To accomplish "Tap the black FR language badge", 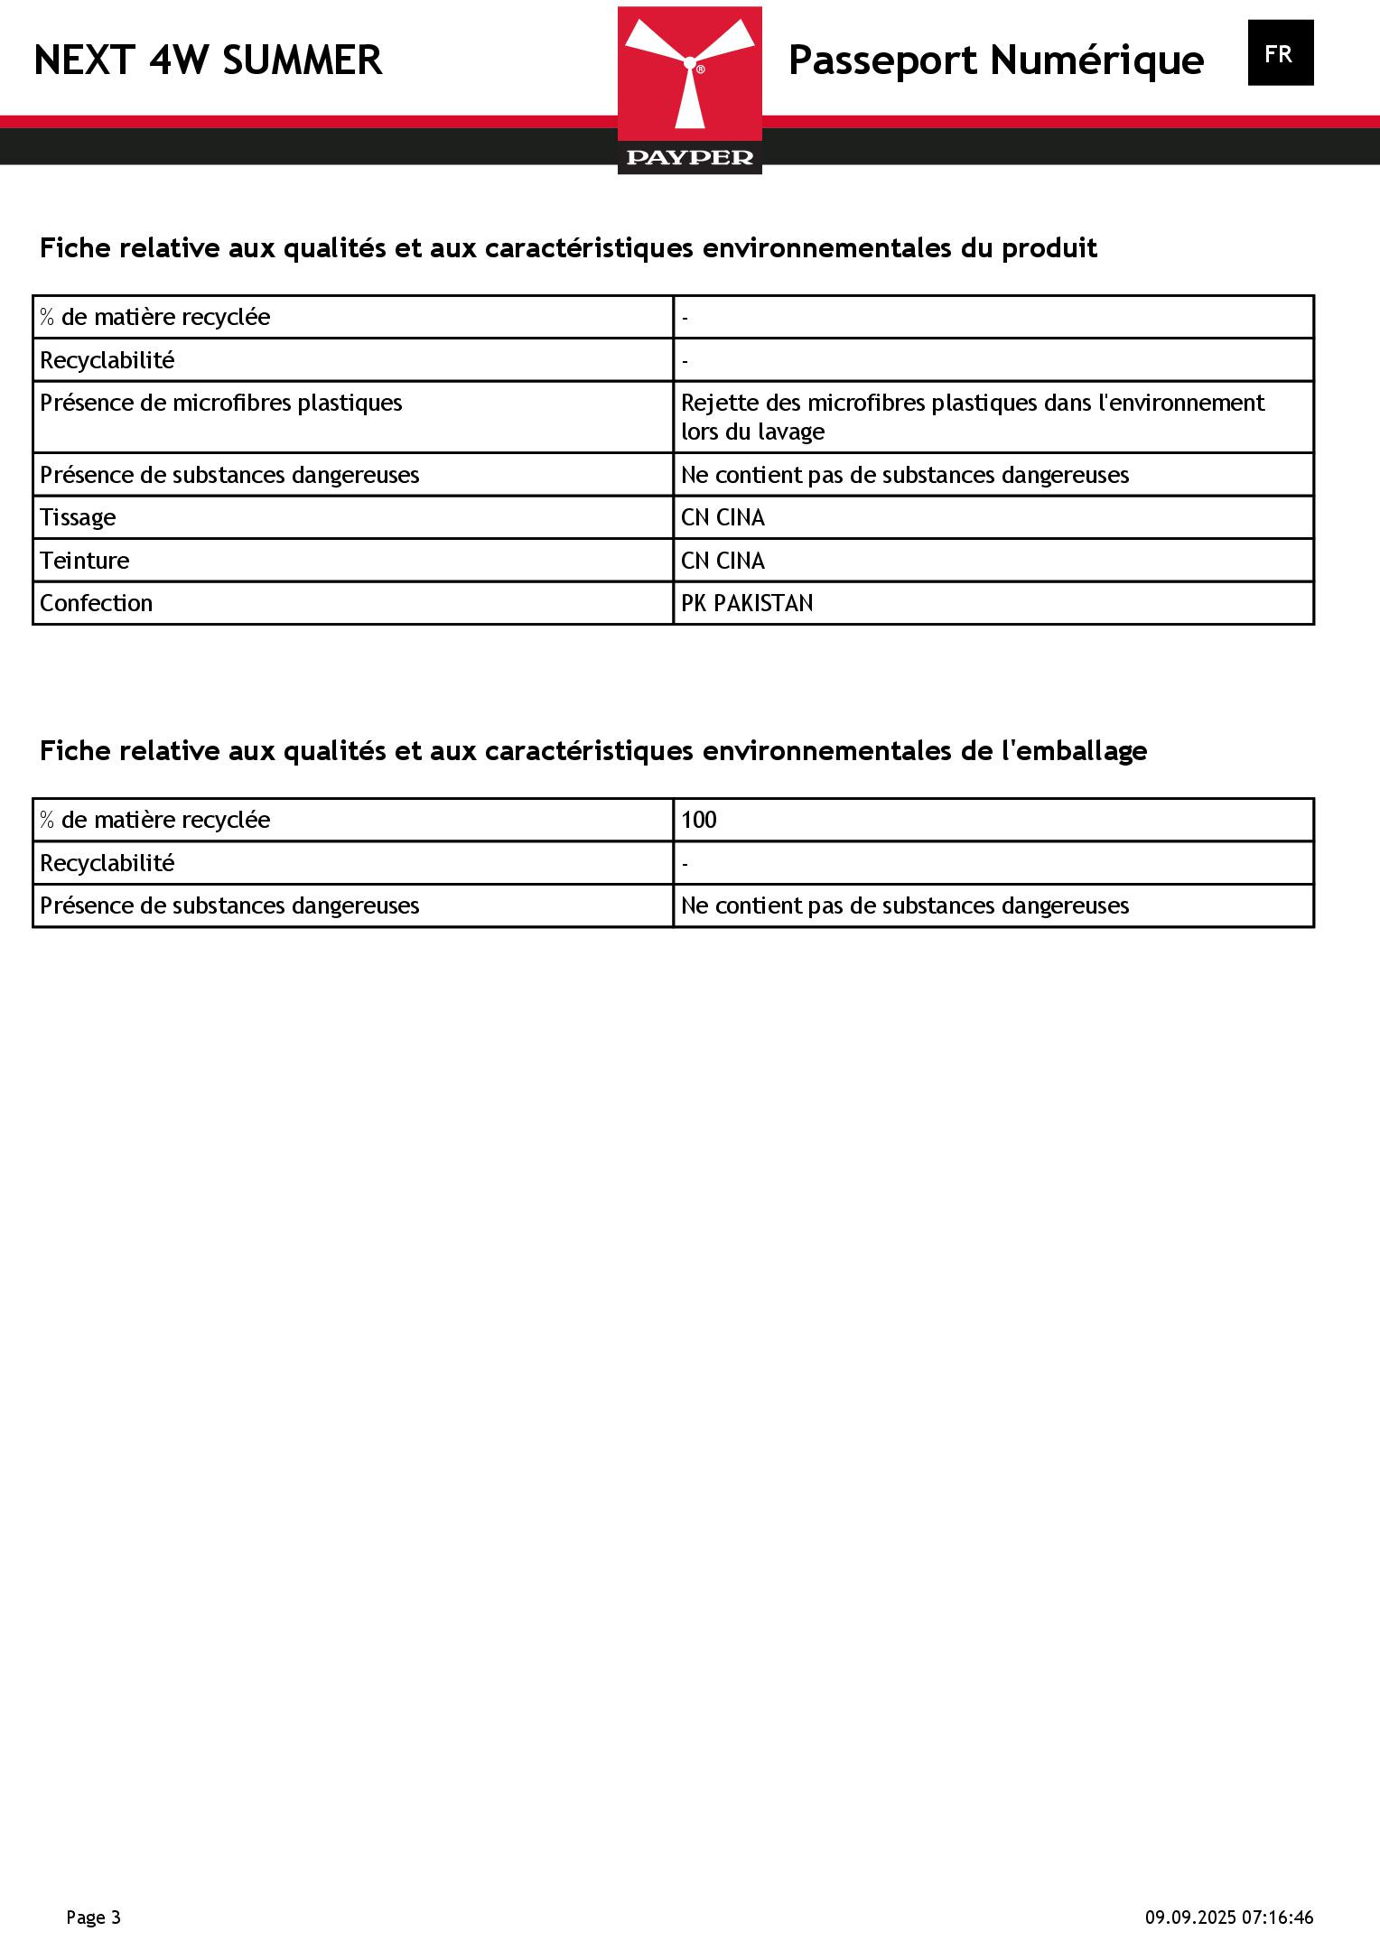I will (x=1280, y=53).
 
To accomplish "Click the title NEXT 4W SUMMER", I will (x=208, y=60).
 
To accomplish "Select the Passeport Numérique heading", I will (x=995, y=60).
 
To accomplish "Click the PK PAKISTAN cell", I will (x=747, y=603).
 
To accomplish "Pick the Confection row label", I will (x=97, y=603).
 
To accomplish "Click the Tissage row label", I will (x=78, y=517).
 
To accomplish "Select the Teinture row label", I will (x=85, y=561).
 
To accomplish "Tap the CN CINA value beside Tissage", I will (x=723, y=517).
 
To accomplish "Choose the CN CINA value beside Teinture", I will (x=723, y=561).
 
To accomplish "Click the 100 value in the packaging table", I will (x=699, y=820).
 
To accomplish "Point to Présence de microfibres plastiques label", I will (x=221, y=403).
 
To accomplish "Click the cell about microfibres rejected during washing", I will (x=972, y=416).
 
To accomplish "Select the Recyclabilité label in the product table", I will (x=107, y=360).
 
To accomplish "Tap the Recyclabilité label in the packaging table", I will (x=107, y=863).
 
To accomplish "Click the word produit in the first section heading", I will (x=1049, y=248).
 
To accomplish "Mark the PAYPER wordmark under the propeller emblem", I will (x=689, y=158).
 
